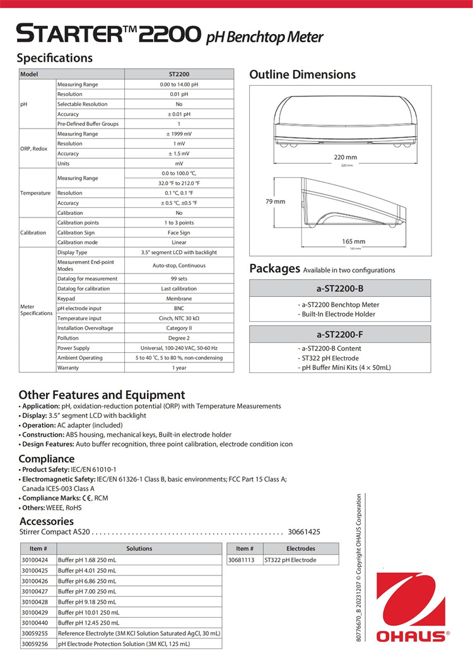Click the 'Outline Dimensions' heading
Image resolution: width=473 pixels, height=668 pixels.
302,75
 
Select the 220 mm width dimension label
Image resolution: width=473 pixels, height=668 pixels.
346,157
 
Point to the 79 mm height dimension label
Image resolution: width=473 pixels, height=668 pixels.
275,202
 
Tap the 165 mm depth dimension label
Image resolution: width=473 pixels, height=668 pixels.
353,241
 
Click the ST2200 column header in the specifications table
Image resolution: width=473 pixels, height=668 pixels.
179,74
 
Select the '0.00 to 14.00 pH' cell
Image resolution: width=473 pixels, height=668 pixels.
179,84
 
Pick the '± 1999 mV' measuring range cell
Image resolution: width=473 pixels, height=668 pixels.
179,134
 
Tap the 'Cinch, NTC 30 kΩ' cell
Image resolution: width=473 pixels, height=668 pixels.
179,318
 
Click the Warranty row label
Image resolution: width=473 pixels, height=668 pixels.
68,367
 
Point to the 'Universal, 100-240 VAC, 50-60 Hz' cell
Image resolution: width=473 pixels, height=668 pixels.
179,348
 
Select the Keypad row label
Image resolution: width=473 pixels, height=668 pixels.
66,299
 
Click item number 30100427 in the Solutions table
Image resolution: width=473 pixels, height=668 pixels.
35,592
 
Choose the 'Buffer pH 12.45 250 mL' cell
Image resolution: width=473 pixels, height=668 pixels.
87,622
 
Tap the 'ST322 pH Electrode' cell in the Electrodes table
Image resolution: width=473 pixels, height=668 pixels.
290,560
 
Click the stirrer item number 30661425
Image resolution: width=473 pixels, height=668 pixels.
304,532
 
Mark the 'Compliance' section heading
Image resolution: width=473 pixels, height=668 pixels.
46,459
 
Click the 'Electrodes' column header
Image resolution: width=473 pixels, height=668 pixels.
300,549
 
